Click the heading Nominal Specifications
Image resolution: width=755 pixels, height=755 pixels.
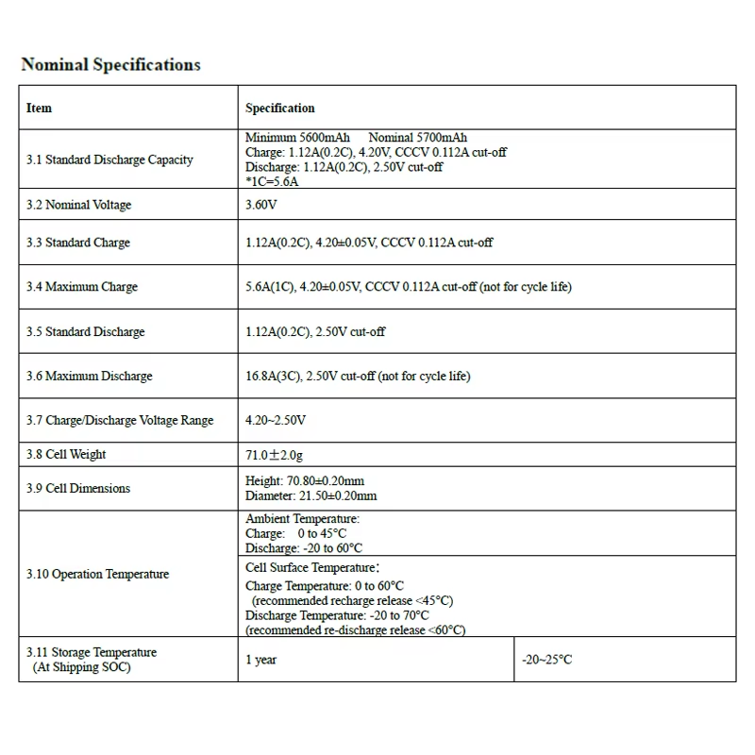tap(110, 65)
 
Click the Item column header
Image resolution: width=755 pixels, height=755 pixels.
tap(40, 108)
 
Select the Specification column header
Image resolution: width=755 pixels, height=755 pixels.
tap(280, 109)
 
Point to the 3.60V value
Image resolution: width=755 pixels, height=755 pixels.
tap(261, 205)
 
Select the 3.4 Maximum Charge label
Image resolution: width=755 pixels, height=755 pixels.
tap(82, 287)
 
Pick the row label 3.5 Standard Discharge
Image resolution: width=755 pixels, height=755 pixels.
tap(86, 332)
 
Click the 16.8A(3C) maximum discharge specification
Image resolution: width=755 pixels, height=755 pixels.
tap(358, 376)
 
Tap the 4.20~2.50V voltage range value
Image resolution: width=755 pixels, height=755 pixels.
tap(276, 420)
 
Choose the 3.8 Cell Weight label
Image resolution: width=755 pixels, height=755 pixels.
tap(66, 454)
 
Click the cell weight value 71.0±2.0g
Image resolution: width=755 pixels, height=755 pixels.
tap(275, 455)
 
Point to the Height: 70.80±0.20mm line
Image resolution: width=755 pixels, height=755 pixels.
tap(310, 481)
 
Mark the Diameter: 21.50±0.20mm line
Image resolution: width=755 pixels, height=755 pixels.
tap(310, 495)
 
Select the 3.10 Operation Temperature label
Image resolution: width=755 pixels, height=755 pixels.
tap(98, 574)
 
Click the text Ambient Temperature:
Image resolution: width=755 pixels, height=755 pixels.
tap(302, 519)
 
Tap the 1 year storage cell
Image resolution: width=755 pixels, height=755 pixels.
tap(261, 660)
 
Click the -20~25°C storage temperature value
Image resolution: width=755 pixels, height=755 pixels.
tap(547, 660)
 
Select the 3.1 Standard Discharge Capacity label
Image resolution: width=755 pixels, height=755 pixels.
tap(109, 159)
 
